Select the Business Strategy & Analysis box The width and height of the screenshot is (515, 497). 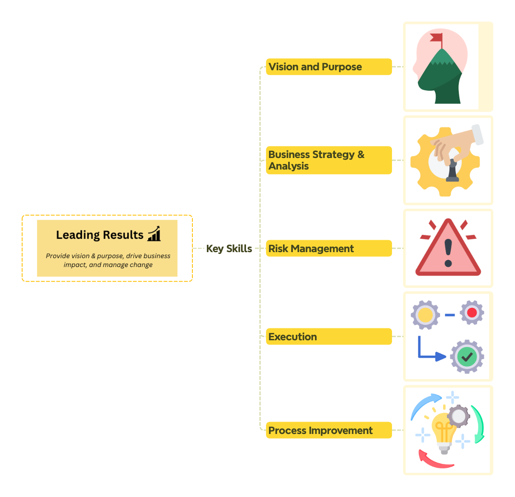click(x=328, y=160)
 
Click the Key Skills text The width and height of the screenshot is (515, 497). click(x=229, y=249)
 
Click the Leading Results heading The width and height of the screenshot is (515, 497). click(x=100, y=235)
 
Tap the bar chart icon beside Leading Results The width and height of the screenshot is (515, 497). click(x=154, y=234)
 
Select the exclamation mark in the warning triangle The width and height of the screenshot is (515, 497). click(x=448, y=252)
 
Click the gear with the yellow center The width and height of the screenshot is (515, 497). click(x=425, y=315)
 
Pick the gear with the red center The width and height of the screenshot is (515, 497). click(x=472, y=313)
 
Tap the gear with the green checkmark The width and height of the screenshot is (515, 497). click(x=467, y=357)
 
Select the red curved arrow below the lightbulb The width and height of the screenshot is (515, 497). click(x=434, y=461)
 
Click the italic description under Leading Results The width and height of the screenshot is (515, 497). click(x=108, y=260)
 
